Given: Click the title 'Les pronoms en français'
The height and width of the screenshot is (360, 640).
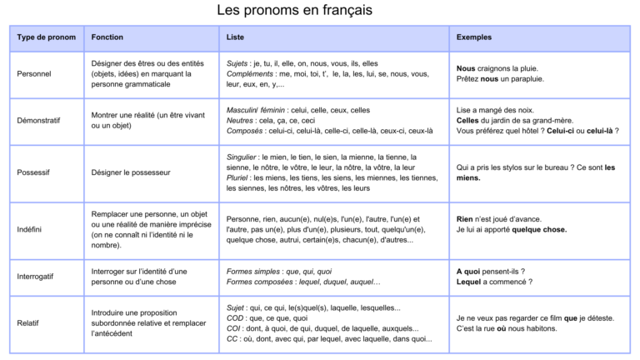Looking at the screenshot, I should click(x=294, y=11).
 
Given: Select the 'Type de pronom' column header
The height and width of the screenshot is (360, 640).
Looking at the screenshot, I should click(x=46, y=37).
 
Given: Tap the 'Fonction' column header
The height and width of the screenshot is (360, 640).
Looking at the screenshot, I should click(x=107, y=37).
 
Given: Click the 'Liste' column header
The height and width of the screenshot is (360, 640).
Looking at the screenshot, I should click(x=235, y=37).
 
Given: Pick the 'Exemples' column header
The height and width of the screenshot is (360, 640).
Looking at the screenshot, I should click(x=474, y=37).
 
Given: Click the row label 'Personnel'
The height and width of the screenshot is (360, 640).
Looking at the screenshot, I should click(x=34, y=73).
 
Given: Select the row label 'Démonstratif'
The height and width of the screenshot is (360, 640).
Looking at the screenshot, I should click(x=38, y=120).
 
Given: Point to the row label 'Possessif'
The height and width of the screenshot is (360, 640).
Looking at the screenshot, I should click(x=34, y=172).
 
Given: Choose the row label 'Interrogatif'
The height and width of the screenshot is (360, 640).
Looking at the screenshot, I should click(x=37, y=277).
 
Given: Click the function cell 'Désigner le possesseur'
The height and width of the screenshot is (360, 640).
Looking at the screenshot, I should click(x=131, y=172).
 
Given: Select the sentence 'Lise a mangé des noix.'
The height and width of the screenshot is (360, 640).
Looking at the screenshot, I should click(x=496, y=109).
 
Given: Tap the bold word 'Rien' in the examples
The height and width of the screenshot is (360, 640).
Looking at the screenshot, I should click(x=465, y=219).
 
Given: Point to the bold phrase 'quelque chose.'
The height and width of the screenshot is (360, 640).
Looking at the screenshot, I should click(x=539, y=230).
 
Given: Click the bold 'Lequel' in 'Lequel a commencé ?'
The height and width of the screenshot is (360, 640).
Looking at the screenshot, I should click(x=469, y=282).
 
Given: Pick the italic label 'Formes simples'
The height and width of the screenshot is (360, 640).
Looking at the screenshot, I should click(x=253, y=271).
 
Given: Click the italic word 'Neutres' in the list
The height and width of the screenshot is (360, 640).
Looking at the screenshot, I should click(x=241, y=120).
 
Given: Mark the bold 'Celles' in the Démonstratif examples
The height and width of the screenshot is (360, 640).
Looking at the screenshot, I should click(x=468, y=120).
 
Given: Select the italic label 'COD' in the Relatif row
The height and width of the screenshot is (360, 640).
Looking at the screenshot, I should click(x=235, y=318).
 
